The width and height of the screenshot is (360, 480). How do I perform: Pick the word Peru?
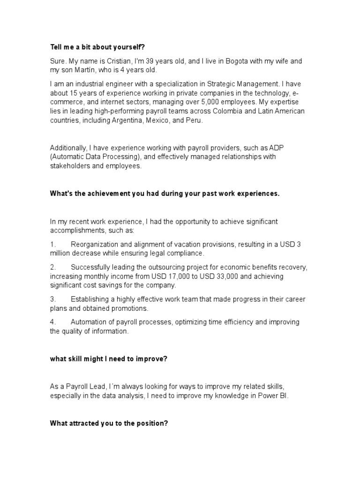coord(195,120)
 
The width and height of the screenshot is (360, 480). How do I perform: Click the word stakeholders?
coord(69,166)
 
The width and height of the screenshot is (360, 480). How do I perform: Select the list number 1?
coord(53,244)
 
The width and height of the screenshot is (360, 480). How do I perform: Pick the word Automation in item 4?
coord(90,322)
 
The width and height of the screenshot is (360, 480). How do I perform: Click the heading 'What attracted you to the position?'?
coord(109,423)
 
